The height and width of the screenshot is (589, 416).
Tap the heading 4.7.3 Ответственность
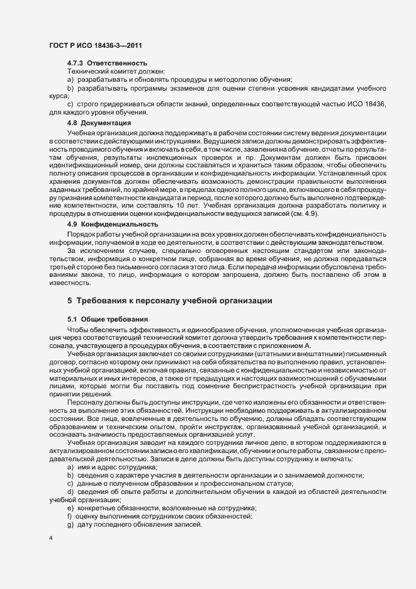(107, 64)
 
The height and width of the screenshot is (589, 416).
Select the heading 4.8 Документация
(99, 123)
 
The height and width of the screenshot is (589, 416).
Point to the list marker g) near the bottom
(70, 525)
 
